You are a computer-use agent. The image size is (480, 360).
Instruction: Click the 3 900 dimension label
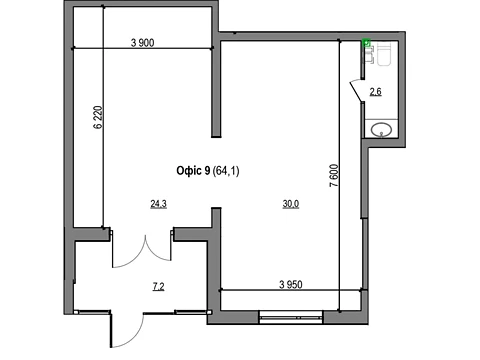click(x=143, y=43)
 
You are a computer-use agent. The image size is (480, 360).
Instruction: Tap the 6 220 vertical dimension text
click(x=98, y=117)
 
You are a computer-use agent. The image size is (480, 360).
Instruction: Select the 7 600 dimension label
click(x=334, y=175)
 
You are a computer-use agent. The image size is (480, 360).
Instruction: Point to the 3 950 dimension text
click(x=291, y=285)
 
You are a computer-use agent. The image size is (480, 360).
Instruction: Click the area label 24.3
click(x=159, y=204)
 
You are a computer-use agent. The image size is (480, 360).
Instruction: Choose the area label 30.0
click(x=291, y=204)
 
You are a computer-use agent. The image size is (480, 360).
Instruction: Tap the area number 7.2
click(x=159, y=286)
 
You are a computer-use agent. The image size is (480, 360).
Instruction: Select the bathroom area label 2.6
click(x=376, y=91)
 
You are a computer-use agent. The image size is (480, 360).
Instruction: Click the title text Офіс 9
click(x=193, y=171)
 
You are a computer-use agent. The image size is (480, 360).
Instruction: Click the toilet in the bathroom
click(x=383, y=54)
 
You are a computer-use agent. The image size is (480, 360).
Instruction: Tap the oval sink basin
click(x=382, y=130)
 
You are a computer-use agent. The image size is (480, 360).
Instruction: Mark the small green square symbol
click(x=367, y=43)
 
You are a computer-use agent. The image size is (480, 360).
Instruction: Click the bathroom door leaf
click(x=355, y=90)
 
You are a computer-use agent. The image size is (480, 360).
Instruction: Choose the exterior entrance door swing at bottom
click(x=127, y=330)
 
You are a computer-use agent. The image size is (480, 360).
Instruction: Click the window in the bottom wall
click(x=291, y=317)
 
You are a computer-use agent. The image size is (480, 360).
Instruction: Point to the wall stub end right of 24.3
click(x=216, y=209)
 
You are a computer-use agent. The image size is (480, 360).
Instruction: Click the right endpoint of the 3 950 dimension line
click(x=361, y=290)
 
